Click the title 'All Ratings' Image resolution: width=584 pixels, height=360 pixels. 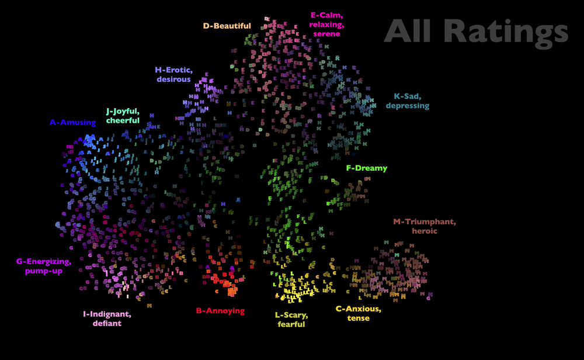[476, 31]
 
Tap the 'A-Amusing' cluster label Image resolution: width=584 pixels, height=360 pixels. [72, 123]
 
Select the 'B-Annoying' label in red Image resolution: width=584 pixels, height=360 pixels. [220, 311]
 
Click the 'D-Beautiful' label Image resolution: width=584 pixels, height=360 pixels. [227, 26]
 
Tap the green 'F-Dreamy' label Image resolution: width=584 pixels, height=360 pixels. [367, 168]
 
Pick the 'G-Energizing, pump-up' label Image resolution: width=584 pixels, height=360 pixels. [44, 266]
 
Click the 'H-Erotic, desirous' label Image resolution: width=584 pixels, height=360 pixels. [173, 75]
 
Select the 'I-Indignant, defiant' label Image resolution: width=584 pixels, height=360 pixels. [107, 319]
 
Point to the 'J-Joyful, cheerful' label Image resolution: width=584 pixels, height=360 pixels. [123, 116]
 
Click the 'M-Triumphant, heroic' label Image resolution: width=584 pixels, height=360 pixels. [424, 226]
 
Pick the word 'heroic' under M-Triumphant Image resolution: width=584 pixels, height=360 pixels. [424, 231]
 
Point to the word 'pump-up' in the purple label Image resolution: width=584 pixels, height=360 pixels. [44, 271]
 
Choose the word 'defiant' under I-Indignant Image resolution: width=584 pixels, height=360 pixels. [107, 323]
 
